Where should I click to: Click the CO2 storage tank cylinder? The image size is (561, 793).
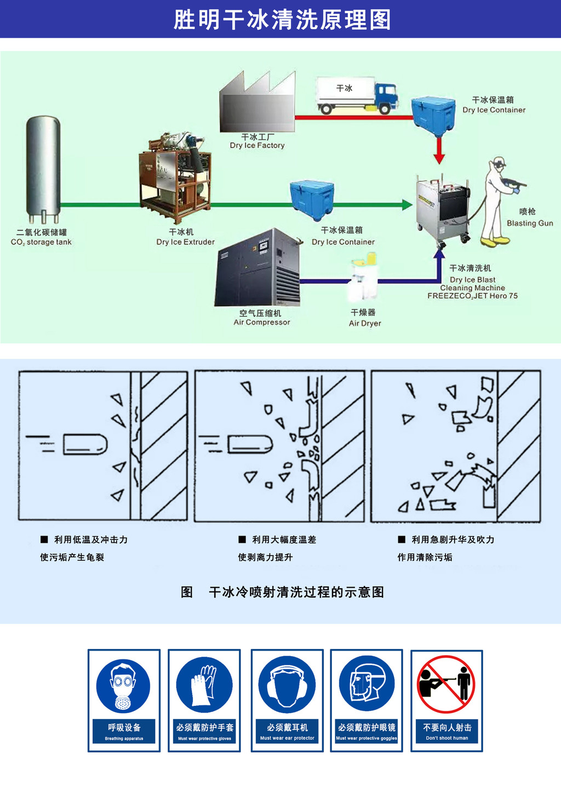pyautogui.click(x=43, y=167)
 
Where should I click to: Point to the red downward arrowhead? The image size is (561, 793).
pyautogui.click(x=439, y=158)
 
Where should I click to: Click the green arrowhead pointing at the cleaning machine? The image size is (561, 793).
pyautogui.click(x=407, y=205)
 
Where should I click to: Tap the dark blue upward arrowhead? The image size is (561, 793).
pyautogui.click(x=439, y=254)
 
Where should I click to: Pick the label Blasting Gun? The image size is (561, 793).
pyautogui.click(x=530, y=223)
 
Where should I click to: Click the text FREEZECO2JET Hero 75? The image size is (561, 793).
pyautogui.click(x=472, y=296)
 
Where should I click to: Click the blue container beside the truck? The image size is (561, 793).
pyautogui.click(x=433, y=114)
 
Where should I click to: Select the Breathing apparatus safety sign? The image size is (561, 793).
pyautogui.click(x=124, y=700)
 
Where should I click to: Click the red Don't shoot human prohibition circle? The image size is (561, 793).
pyautogui.click(x=446, y=684)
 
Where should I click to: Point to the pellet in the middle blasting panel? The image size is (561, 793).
pyautogui.click(x=250, y=444)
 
